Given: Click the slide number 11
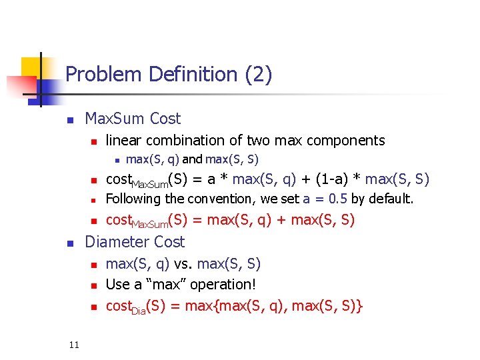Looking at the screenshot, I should pyautogui.click(x=73, y=344).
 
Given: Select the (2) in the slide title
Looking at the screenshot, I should pyautogui.click(x=258, y=74).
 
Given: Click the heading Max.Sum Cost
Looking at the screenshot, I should pyautogui.click(x=133, y=119).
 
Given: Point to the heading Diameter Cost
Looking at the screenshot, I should pyautogui.click(x=135, y=241).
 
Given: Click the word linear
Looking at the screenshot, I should pyautogui.click(x=124, y=140).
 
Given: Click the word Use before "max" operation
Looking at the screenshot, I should pyautogui.click(x=118, y=285).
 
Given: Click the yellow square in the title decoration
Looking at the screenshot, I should pyautogui.click(x=31, y=67).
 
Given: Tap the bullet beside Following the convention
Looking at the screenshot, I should pyautogui.click(x=94, y=200).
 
